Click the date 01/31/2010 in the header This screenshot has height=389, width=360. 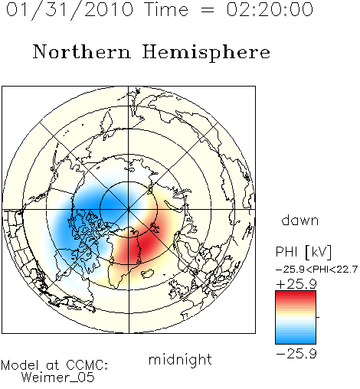(x=70, y=10)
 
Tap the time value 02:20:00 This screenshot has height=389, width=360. (x=270, y=10)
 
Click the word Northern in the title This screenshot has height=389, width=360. (x=82, y=52)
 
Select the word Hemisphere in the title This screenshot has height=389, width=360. (x=206, y=53)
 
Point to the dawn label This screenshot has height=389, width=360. (x=300, y=220)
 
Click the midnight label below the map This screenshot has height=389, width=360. (x=180, y=359)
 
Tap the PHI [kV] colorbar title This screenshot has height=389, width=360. (x=303, y=252)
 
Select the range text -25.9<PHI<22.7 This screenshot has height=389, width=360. (x=316, y=270)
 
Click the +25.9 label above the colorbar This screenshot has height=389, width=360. (x=296, y=284)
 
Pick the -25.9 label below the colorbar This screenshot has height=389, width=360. (x=296, y=354)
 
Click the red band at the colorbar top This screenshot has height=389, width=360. (x=296, y=295)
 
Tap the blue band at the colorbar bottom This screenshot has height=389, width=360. (x=296, y=339)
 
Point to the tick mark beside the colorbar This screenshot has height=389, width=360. (x=318, y=317)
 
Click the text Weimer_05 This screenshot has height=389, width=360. (x=58, y=378)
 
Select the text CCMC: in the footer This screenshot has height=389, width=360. (x=87, y=365)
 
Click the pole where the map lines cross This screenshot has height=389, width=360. (x=129, y=210)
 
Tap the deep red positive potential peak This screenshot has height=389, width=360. (x=143, y=244)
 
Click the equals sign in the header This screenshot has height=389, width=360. (x=208, y=10)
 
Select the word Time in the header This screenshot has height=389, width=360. (x=166, y=10)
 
